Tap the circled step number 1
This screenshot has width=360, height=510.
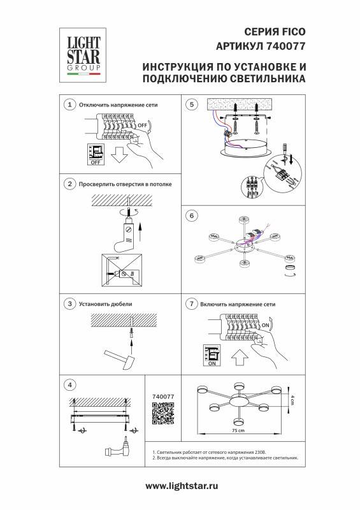point(69,104)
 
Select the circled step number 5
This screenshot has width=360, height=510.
point(189,104)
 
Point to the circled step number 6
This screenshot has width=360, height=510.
point(189,215)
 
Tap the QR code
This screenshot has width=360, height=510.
point(164,416)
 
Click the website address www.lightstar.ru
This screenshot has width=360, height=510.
point(180,486)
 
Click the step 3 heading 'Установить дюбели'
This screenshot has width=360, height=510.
point(104,304)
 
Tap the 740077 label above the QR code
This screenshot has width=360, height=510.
point(164,397)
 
